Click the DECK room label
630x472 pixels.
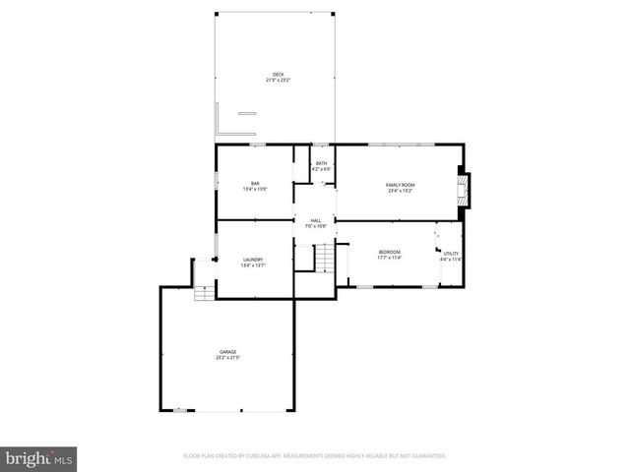[278, 75]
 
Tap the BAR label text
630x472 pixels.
[254, 183]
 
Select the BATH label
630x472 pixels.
[321, 163]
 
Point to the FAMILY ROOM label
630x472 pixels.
[400, 185]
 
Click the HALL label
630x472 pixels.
[315, 220]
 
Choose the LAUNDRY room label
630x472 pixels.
[253, 260]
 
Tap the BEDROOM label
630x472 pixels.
[390, 253]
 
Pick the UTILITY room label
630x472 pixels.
[451, 254]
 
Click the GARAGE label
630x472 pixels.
[227, 351]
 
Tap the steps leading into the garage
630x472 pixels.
[203, 293]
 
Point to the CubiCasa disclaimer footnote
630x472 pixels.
[315, 456]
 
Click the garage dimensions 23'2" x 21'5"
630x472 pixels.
[227, 358]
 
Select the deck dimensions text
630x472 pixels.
[278, 81]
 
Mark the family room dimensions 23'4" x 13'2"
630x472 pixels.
[400, 191]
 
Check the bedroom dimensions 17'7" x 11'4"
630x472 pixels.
[390, 259]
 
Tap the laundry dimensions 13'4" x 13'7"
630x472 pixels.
[253, 265]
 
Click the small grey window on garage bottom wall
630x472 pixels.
[180, 411]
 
